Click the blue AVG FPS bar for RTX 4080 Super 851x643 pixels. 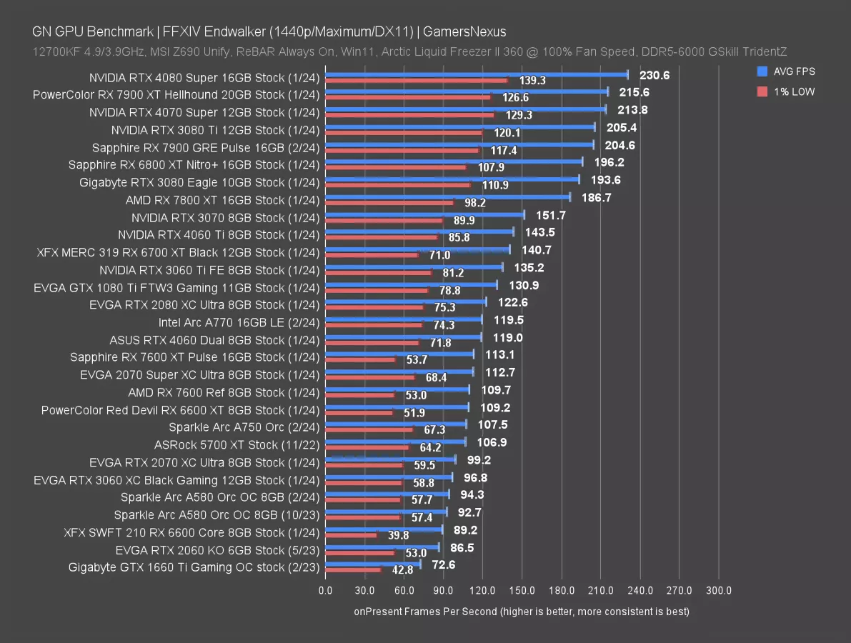click(476, 74)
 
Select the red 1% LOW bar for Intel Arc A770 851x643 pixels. click(374, 325)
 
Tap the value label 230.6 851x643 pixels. click(654, 75)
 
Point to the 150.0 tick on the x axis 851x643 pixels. click(522, 591)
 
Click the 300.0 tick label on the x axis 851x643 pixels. click(718, 591)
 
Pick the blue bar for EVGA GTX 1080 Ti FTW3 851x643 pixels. click(411, 284)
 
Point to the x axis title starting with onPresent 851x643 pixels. click(521, 612)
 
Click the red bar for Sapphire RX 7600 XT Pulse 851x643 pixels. click(359, 360)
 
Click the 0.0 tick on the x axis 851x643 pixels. click(325, 591)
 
